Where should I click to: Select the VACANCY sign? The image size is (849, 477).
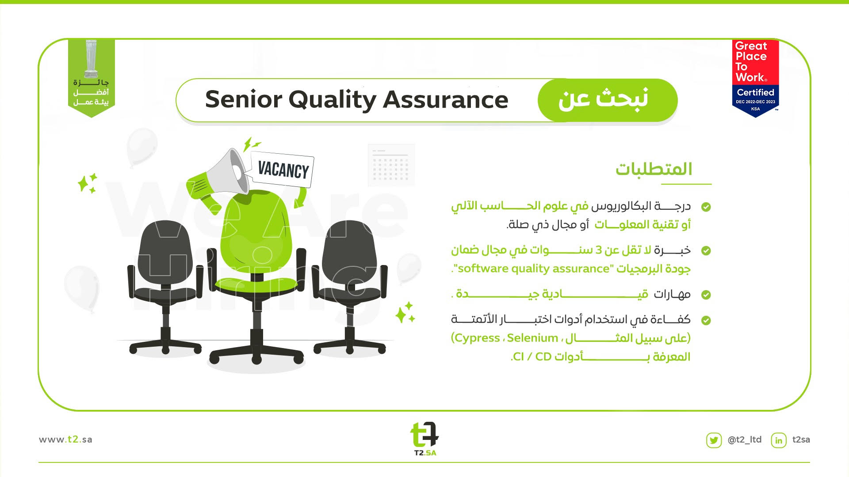pos(282,170)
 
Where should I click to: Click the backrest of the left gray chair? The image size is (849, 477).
pos(165,252)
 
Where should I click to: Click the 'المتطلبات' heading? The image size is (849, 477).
pos(654,169)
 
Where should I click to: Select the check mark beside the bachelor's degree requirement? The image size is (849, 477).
pos(706,207)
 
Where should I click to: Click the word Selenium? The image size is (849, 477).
pos(532,338)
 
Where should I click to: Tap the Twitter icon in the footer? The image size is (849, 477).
pos(714,440)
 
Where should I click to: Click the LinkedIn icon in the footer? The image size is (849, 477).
pos(779,440)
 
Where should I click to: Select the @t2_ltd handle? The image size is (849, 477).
pos(745,440)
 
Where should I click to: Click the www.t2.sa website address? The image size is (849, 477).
pos(65,439)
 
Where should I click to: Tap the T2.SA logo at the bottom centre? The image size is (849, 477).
pos(424,439)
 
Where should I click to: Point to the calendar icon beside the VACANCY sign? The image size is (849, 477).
pos(391,165)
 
